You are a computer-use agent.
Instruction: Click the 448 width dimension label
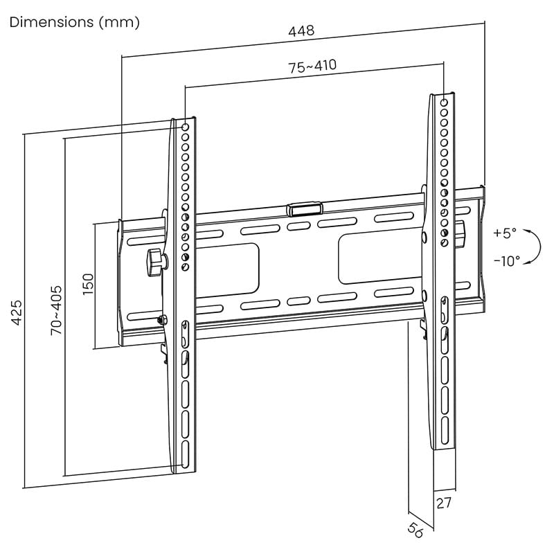pyautogui.click(x=301, y=30)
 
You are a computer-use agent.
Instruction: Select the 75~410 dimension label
pyautogui.click(x=312, y=66)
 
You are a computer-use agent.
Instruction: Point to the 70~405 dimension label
pyautogui.click(x=56, y=310)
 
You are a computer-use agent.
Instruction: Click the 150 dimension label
pyautogui.click(x=88, y=285)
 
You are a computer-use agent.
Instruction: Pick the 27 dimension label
pyautogui.click(x=444, y=502)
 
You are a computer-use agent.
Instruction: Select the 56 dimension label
pyautogui.click(x=415, y=530)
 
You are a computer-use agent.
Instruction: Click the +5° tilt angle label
pyautogui.click(x=505, y=233)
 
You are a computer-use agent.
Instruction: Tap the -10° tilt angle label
pyautogui.click(x=507, y=261)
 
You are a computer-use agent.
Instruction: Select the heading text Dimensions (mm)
pyautogui.click(x=75, y=22)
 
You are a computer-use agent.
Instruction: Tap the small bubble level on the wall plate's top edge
pyautogui.click(x=304, y=207)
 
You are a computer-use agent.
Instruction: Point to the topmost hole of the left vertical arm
pyautogui.click(x=185, y=127)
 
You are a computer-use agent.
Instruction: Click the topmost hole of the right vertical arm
pyautogui.click(x=443, y=102)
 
